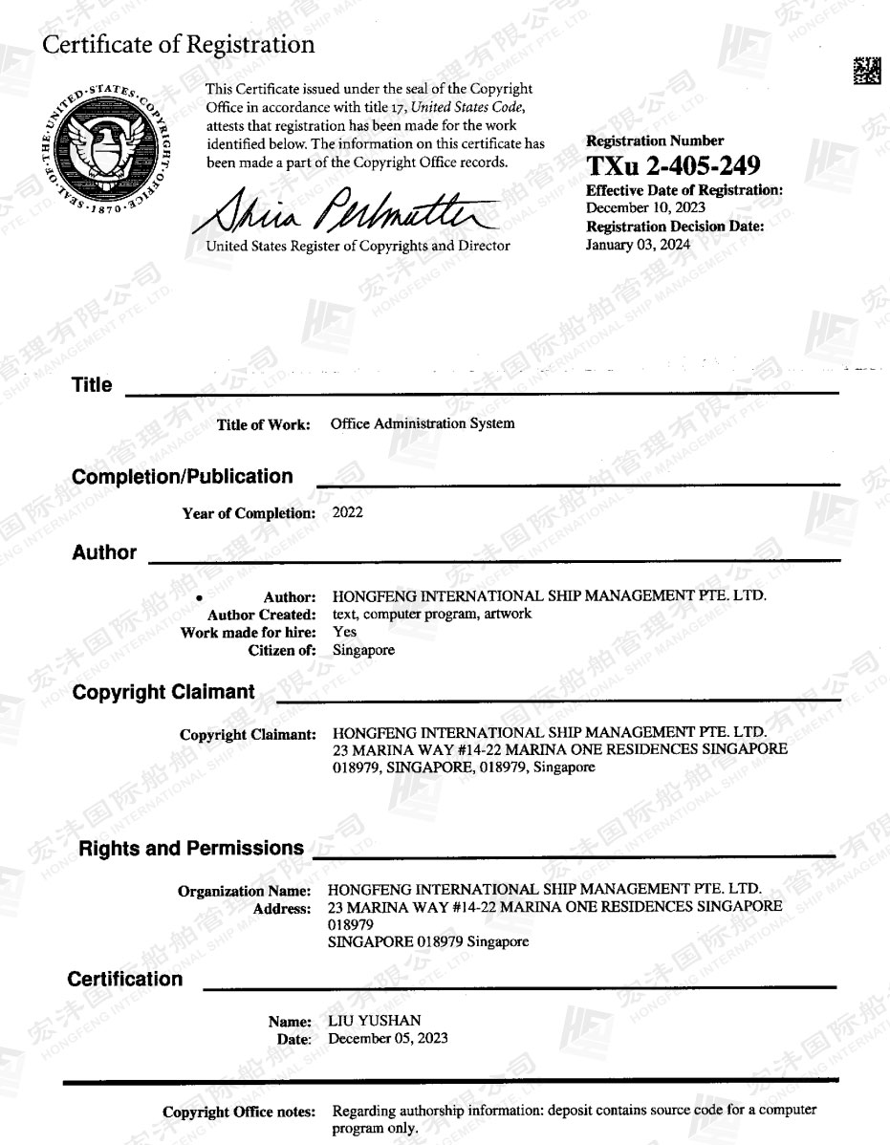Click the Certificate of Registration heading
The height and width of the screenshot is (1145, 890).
(x=178, y=44)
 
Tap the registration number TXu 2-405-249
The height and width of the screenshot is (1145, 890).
(x=673, y=166)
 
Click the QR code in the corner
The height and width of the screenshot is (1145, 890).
(x=866, y=72)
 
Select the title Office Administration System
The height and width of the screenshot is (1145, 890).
(x=422, y=423)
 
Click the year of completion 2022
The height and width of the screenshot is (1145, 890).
(x=347, y=512)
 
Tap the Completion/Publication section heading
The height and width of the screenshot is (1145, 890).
(x=183, y=477)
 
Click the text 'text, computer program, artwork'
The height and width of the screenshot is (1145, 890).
(x=431, y=615)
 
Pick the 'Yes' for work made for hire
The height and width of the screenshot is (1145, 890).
(x=344, y=632)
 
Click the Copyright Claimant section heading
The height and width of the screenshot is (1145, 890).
(x=163, y=692)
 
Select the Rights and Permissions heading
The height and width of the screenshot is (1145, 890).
(x=191, y=848)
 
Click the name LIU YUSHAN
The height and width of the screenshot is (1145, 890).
(x=374, y=1021)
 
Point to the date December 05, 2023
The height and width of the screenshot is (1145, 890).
(x=387, y=1038)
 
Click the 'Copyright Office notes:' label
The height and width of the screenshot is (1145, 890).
(x=238, y=1112)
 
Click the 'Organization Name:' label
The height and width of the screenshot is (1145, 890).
(x=247, y=891)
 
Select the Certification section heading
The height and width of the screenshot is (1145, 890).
(x=124, y=979)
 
